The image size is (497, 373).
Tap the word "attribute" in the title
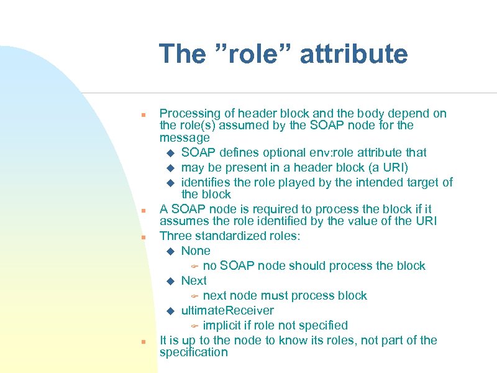point(353,54)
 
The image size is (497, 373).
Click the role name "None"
point(196,251)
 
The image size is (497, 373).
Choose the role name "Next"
point(194,280)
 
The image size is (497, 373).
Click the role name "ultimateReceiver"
point(227,310)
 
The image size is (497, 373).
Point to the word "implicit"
point(224,325)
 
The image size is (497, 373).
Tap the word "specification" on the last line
point(194,352)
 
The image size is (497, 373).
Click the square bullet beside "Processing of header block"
point(143,115)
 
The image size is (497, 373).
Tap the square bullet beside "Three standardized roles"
point(143,237)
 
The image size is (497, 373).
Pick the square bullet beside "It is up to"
point(143,342)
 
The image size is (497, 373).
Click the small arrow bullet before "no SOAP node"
point(194,266)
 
